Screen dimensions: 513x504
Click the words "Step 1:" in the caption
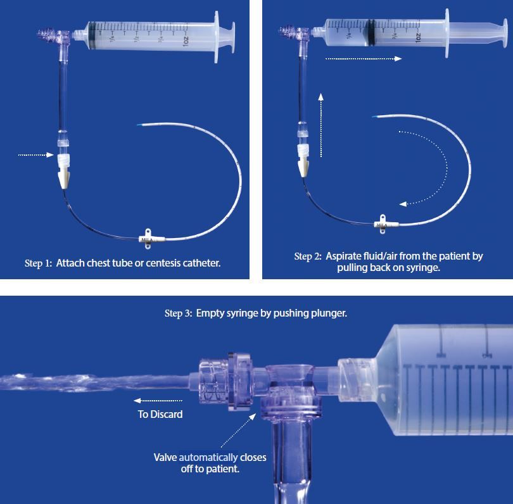point(38,263)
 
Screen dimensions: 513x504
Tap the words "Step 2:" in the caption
point(308,256)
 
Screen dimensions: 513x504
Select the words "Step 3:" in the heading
point(179,313)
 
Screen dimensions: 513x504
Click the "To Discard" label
point(160,414)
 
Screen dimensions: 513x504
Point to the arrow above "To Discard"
point(158,401)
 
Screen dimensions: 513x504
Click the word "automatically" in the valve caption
point(208,457)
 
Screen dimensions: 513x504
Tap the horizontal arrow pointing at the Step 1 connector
point(35,154)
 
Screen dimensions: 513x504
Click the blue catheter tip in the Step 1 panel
point(140,125)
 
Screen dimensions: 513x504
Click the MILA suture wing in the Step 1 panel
point(148,239)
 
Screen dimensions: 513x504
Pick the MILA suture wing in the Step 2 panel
point(383,224)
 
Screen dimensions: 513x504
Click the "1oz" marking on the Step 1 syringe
point(186,41)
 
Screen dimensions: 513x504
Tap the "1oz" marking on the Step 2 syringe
point(418,37)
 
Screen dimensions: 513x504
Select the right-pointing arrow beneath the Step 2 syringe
point(364,59)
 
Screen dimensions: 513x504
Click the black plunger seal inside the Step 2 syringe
point(370,33)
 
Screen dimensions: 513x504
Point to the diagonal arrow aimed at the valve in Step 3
point(239,430)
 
